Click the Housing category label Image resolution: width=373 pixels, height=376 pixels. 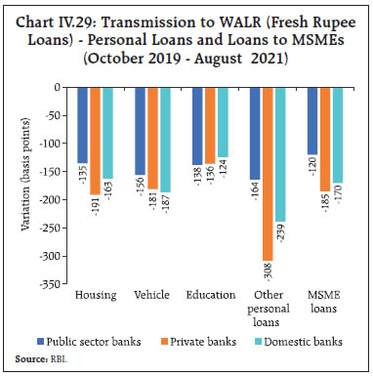tap(96, 294)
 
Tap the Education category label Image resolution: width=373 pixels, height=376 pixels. tap(211, 294)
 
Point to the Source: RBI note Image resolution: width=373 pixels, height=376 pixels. tap(38, 360)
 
